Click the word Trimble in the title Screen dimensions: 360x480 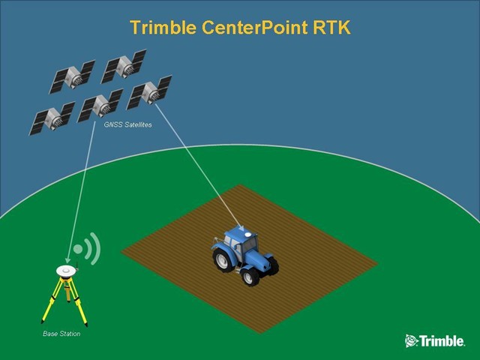161,28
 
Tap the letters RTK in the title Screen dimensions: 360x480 329,28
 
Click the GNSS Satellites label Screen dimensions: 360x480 127,125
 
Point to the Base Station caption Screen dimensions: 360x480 61,334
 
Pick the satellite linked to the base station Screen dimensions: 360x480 100,105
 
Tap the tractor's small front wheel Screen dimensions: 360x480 250,275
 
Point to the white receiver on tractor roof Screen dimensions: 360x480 241,228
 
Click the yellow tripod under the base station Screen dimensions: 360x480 66,300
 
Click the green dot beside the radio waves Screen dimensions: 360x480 77,248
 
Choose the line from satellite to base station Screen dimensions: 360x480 82,187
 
